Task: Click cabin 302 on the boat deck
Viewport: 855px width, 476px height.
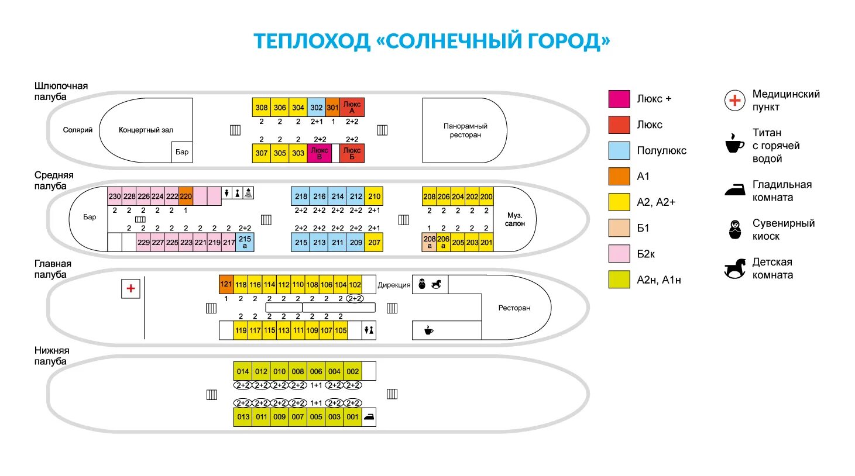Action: coord(316,108)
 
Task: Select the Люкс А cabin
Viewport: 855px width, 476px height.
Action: coord(352,108)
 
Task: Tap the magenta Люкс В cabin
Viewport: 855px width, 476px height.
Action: coord(320,153)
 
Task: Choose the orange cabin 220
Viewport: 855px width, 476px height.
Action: coord(186,196)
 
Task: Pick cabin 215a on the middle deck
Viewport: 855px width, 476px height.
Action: coord(245,242)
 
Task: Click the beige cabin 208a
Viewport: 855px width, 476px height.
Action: coord(429,242)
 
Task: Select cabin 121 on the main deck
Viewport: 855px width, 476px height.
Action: coord(226,284)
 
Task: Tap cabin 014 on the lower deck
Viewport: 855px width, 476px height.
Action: coord(243,371)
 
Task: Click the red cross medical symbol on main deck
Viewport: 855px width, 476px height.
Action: coord(131,288)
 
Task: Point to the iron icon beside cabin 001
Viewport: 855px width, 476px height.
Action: coord(369,417)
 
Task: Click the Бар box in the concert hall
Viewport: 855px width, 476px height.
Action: coord(182,152)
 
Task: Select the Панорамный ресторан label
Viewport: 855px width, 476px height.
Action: coord(465,130)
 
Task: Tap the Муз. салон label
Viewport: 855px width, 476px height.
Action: coord(515,219)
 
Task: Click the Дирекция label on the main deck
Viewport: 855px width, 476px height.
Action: coord(394,285)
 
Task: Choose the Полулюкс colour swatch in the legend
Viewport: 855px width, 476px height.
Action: coord(619,150)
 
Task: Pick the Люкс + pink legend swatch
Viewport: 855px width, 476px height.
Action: coord(619,99)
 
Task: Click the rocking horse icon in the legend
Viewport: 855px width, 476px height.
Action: coord(735,268)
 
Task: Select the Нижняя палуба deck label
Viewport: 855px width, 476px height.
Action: coord(51,356)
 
